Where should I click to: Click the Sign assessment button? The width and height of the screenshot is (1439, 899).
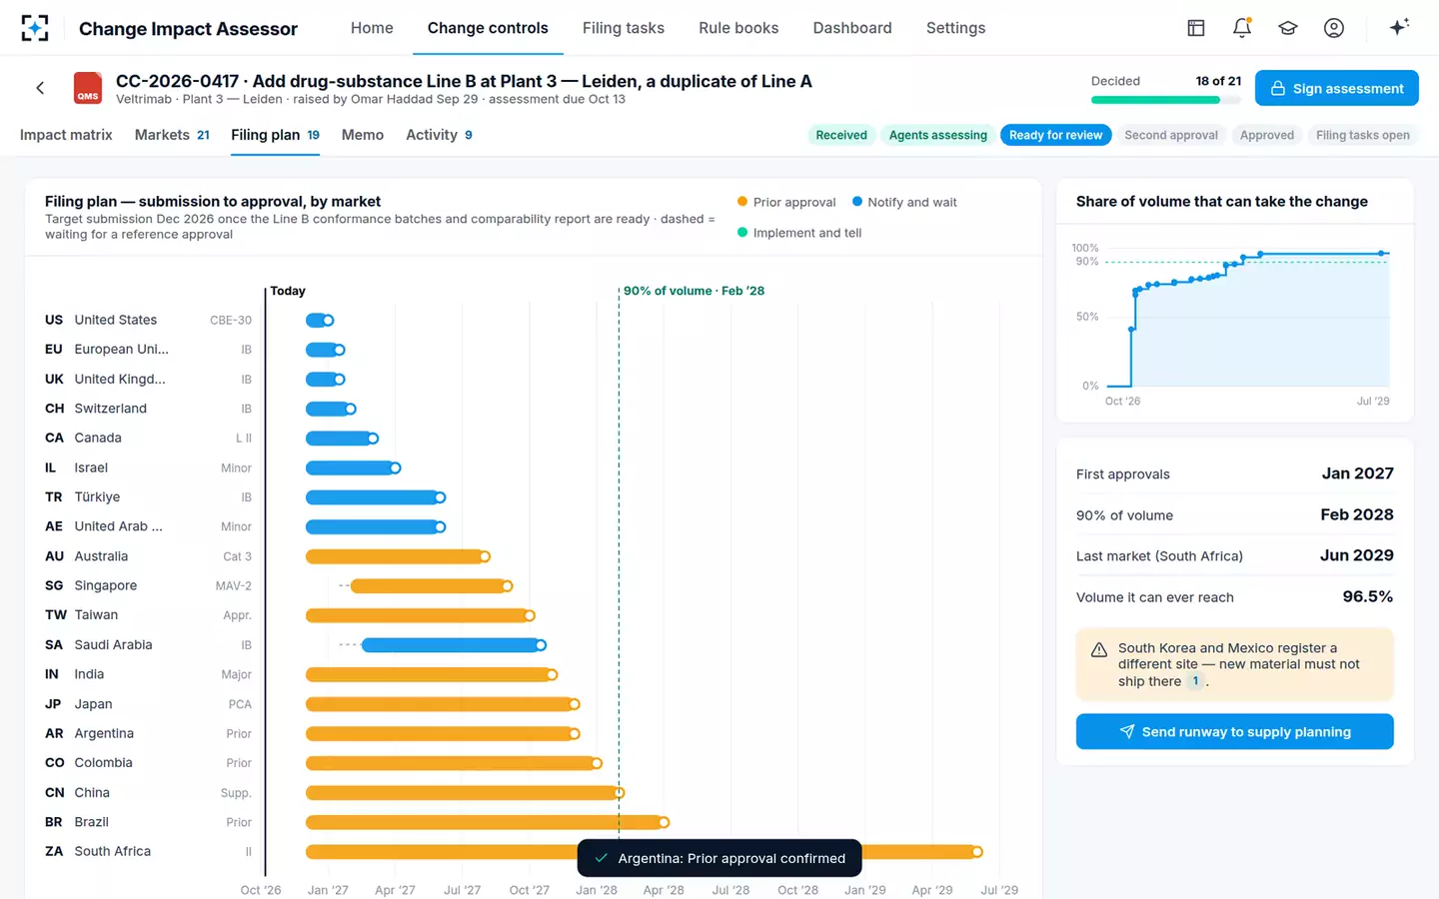coord(1336,88)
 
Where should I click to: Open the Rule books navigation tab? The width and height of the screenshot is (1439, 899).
coord(738,28)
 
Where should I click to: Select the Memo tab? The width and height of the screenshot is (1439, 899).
coord(363,135)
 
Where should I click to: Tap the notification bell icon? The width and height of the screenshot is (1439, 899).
coord(1242,28)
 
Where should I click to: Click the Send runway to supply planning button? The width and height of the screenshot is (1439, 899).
coord(1234,731)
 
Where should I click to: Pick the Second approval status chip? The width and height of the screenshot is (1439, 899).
coord(1170,135)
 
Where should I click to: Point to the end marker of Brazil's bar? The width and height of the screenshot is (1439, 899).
coord(664,822)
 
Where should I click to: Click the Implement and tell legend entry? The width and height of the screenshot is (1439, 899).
coord(799,233)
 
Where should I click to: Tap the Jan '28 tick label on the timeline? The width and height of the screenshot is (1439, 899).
coord(597,890)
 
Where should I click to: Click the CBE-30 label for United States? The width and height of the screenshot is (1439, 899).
coord(231,320)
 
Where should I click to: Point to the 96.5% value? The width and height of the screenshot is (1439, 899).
coord(1368,596)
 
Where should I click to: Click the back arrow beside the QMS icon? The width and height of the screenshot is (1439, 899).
coord(40,88)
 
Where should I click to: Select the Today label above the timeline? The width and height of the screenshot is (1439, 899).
coord(287,291)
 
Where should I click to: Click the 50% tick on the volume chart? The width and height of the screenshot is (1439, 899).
coord(1087,317)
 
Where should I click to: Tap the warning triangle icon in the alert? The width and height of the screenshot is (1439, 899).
coord(1099,650)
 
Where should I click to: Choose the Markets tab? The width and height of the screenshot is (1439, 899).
coord(172,135)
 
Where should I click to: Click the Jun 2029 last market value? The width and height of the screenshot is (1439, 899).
coord(1357,555)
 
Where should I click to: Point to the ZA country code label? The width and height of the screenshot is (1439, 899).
coord(54,851)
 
